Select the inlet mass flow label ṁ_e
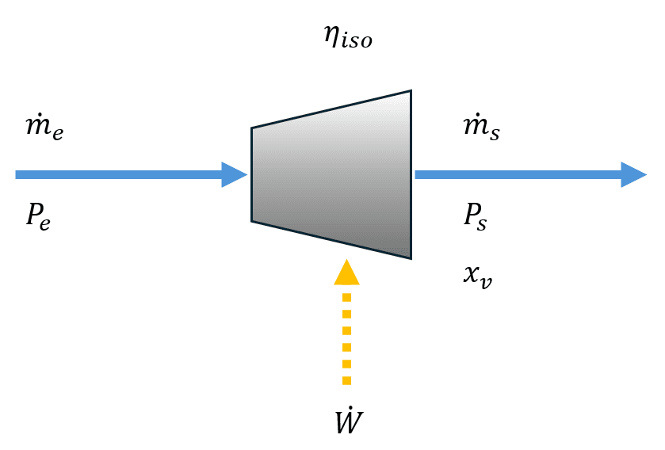pos(44,127)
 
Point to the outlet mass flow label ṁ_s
pos(481,127)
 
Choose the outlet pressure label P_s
pos(476,215)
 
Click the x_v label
pos(477,277)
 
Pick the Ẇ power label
pos(348,422)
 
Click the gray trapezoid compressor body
pos(331,174)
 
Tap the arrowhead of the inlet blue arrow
pos(235,174)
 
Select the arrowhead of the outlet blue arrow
pos(634,174)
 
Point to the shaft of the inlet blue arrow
pos(119,174)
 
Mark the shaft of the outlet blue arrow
pos(515,174)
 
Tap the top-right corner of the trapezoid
pos(411,91)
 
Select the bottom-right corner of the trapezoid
pos(411,258)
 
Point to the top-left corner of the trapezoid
pos(252,128)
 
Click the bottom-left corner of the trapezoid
pos(252,221)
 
